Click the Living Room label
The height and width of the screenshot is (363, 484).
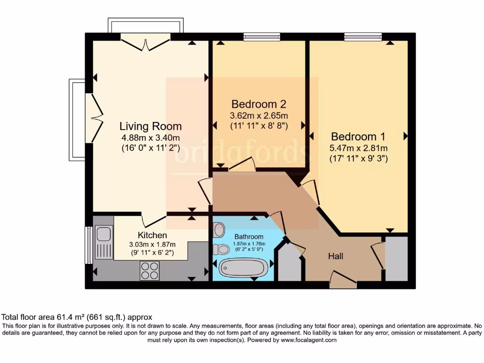click(150, 126)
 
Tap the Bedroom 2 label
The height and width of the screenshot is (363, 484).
click(259, 104)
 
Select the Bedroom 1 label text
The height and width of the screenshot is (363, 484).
click(358, 137)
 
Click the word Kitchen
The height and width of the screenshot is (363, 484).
click(152, 235)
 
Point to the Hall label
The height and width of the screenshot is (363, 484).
click(336, 256)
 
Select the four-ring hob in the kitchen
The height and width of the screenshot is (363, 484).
click(149, 270)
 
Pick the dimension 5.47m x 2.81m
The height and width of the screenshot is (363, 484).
click(358, 148)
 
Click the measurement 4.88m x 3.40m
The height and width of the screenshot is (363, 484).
click(150, 138)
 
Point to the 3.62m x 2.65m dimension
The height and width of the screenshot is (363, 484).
click(259, 115)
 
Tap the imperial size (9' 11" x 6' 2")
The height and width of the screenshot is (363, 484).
click(152, 253)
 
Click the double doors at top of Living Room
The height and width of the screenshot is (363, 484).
click(146, 43)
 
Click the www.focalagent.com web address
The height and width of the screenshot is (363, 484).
click(309, 340)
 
